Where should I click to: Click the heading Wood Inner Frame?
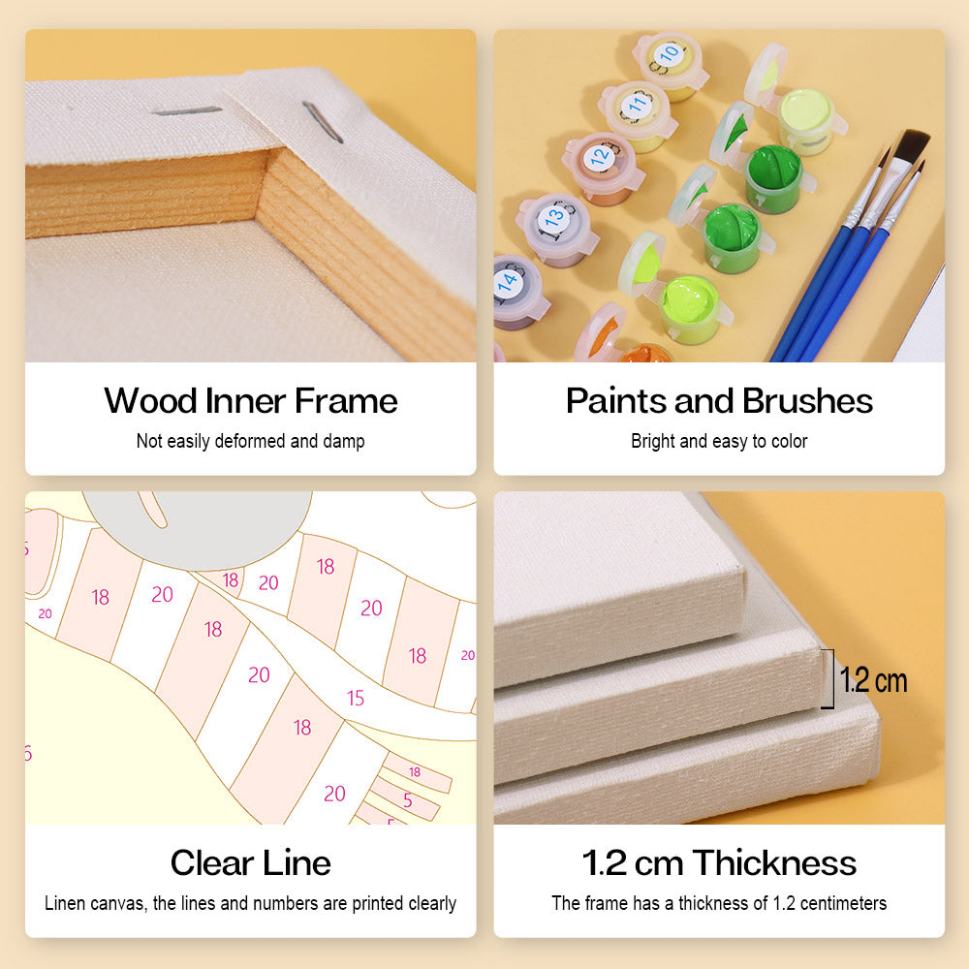(250, 400)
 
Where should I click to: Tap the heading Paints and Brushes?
(719, 400)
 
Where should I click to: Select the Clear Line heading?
(250, 862)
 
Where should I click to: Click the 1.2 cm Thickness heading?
(719, 862)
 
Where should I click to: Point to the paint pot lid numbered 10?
(668, 55)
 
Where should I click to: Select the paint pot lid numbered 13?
(553, 217)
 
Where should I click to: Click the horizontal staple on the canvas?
(187, 111)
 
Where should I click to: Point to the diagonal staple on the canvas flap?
(323, 122)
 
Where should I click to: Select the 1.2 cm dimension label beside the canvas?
(874, 680)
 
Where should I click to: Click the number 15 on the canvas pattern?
(356, 699)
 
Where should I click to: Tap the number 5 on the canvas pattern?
(408, 800)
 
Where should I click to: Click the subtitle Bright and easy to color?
(719, 441)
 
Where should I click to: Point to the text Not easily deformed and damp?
(250, 441)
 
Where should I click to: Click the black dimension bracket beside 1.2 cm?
(830, 678)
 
